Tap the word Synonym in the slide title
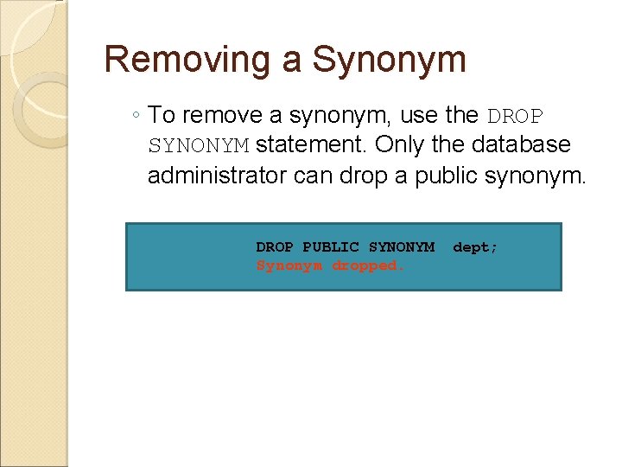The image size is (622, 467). click(x=389, y=60)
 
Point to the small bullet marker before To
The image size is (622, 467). click(x=137, y=116)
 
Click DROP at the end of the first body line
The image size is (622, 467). click(x=517, y=115)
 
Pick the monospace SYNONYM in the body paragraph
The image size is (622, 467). click(x=199, y=146)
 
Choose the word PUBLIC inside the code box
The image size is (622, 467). click(x=330, y=247)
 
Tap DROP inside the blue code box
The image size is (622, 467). click(x=275, y=247)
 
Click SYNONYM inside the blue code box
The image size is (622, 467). click(x=401, y=247)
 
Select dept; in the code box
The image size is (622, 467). click(x=475, y=247)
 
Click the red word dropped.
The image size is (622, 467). click(x=368, y=265)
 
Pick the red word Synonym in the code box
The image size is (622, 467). click(x=289, y=265)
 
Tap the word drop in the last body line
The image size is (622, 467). click(x=365, y=176)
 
